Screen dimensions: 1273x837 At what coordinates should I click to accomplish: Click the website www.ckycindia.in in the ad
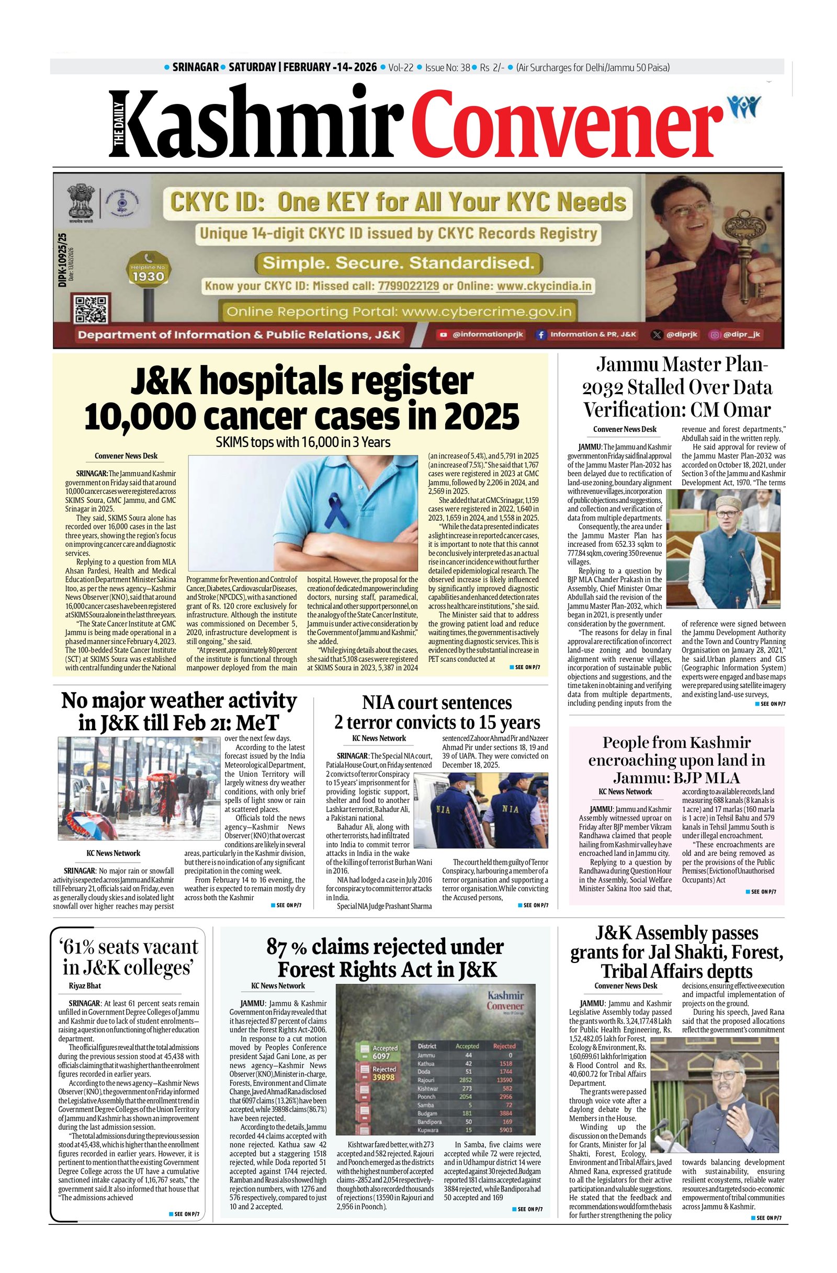click(x=544, y=285)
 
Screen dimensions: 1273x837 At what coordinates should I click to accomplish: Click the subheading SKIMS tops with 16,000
click(x=302, y=442)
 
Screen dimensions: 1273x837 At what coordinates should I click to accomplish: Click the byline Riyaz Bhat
click(x=85, y=986)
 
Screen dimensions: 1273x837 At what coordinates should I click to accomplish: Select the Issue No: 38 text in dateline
click(x=447, y=67)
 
